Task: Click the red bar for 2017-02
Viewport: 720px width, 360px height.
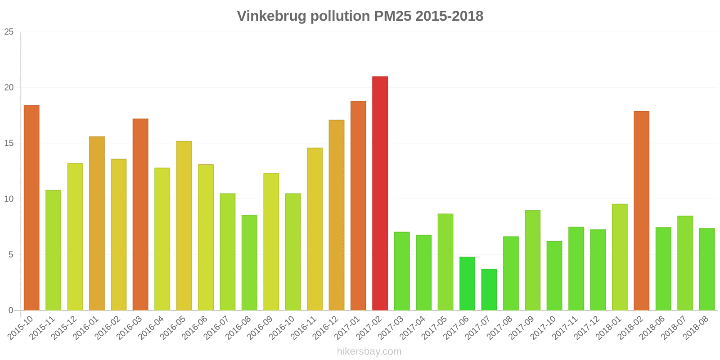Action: coord(380,193)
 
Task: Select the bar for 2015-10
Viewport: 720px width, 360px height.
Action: coord(31,208)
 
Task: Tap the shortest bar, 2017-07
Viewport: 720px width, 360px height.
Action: coord(489,290)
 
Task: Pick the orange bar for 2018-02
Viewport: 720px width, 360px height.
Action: coord(641,211)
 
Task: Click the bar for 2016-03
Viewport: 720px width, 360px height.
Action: coord(140,215)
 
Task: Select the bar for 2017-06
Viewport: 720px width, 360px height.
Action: coord(467,283)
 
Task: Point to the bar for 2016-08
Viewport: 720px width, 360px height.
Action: coord(249,263)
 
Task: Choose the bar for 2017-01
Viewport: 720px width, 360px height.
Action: coord(358,206)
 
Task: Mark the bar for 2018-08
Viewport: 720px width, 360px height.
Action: coord(706,269)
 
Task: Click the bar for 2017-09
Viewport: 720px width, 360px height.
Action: coord(532,260)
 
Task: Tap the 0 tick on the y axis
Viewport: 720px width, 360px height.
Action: coord(11,310)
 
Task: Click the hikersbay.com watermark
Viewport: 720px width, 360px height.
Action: coord(369,351)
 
